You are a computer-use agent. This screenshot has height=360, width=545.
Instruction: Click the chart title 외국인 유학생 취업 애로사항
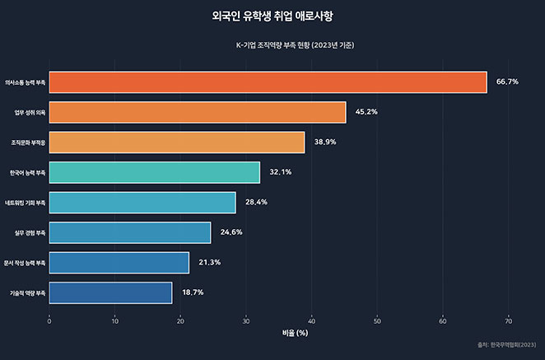tap(272, 16)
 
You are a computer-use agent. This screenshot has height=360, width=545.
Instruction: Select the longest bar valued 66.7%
tap(268, 82)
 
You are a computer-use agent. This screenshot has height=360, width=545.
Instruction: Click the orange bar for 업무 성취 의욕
tap(198, 112)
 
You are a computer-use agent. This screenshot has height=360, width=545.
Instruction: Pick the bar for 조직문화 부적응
tap(177, 143)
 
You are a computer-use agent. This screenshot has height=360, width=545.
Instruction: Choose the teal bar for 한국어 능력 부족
tap(155, 172)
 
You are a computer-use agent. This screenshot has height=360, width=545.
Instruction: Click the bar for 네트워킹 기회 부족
tap(142, 203)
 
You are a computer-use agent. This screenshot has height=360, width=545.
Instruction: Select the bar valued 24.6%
tap(130, 232)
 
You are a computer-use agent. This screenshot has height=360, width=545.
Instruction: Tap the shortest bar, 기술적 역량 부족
tap(110, 292)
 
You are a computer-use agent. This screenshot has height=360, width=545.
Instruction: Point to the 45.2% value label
tap(366, 112)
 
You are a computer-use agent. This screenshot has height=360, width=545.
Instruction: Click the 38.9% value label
tap(325, 143)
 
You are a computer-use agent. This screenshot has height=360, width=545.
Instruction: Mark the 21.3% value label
tap(209, 263)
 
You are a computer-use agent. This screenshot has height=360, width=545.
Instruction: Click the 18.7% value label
tap(193, 292)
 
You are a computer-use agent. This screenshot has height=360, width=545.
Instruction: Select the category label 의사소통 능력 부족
tap(25, 82)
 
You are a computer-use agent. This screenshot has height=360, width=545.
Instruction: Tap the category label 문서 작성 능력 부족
tap(25, 263)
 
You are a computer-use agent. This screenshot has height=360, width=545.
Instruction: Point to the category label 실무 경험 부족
tap(30, 232)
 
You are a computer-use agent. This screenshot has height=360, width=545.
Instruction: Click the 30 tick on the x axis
tap(246, 320)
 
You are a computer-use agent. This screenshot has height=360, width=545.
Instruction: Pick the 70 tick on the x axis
tap(509, 320)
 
